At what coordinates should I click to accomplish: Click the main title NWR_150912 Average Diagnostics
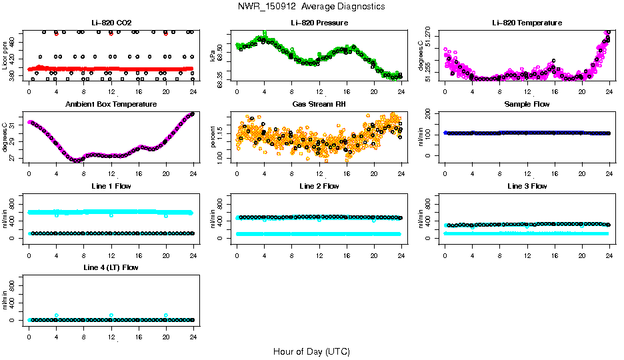tap(311, 7)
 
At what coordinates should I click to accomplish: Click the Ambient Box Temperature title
tap(111, 104)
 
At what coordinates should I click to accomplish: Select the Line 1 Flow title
tap(111, 186)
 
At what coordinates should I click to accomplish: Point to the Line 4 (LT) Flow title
tap(111, 267)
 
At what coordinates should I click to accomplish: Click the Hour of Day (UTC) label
tap(311, 351)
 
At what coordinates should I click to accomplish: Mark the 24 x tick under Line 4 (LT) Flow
tap(193, 337)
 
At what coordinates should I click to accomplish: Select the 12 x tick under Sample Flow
tap(527, 174)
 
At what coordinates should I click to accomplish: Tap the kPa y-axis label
tap(213, 56)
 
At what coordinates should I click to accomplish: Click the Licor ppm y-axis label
tap(5, 56)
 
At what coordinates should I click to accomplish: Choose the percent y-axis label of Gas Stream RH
tap(213, 137)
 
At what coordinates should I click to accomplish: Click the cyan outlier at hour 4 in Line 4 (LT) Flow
tap(57, 315)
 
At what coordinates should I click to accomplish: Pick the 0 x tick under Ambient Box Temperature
tap(29, 174)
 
